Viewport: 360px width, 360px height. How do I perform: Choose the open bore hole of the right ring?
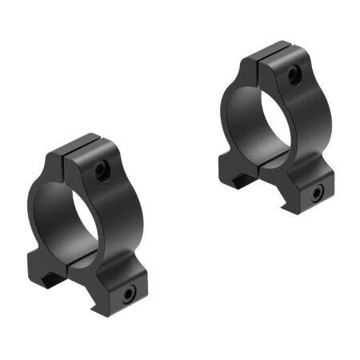pos(258,116)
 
